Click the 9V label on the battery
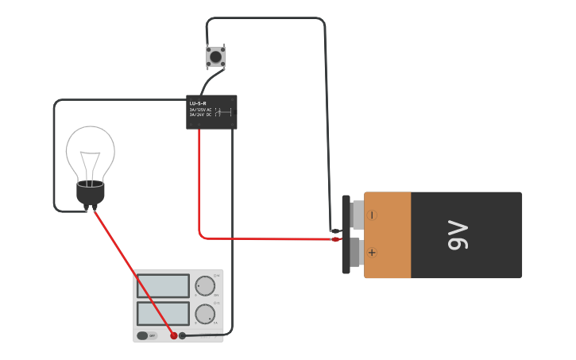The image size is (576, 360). (x=460, y=235)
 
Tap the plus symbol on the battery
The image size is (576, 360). (x=372, y=253)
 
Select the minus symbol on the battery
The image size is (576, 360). (x=372, y=215)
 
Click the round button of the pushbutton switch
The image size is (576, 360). (x=215, y=56)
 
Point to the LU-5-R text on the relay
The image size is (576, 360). (x=198, y=103)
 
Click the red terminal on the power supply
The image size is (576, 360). (x=174, y=335)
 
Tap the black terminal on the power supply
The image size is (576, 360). (x=183, y=335)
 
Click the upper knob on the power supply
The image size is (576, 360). (x=205, y=286)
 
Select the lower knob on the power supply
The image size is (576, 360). (x=205, y=314)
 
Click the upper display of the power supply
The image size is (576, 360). (x=163, y=286)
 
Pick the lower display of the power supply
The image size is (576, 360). (x=163, y=313)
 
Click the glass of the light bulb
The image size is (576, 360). (x=90, y=147)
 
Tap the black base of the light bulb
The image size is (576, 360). (x=91, y=192)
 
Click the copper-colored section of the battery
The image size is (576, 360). (x=388, y=234)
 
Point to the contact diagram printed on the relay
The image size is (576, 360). (x=223, y=113)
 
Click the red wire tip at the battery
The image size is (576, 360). (x=336, y=238)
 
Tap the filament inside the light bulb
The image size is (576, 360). (x=91, y=163)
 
